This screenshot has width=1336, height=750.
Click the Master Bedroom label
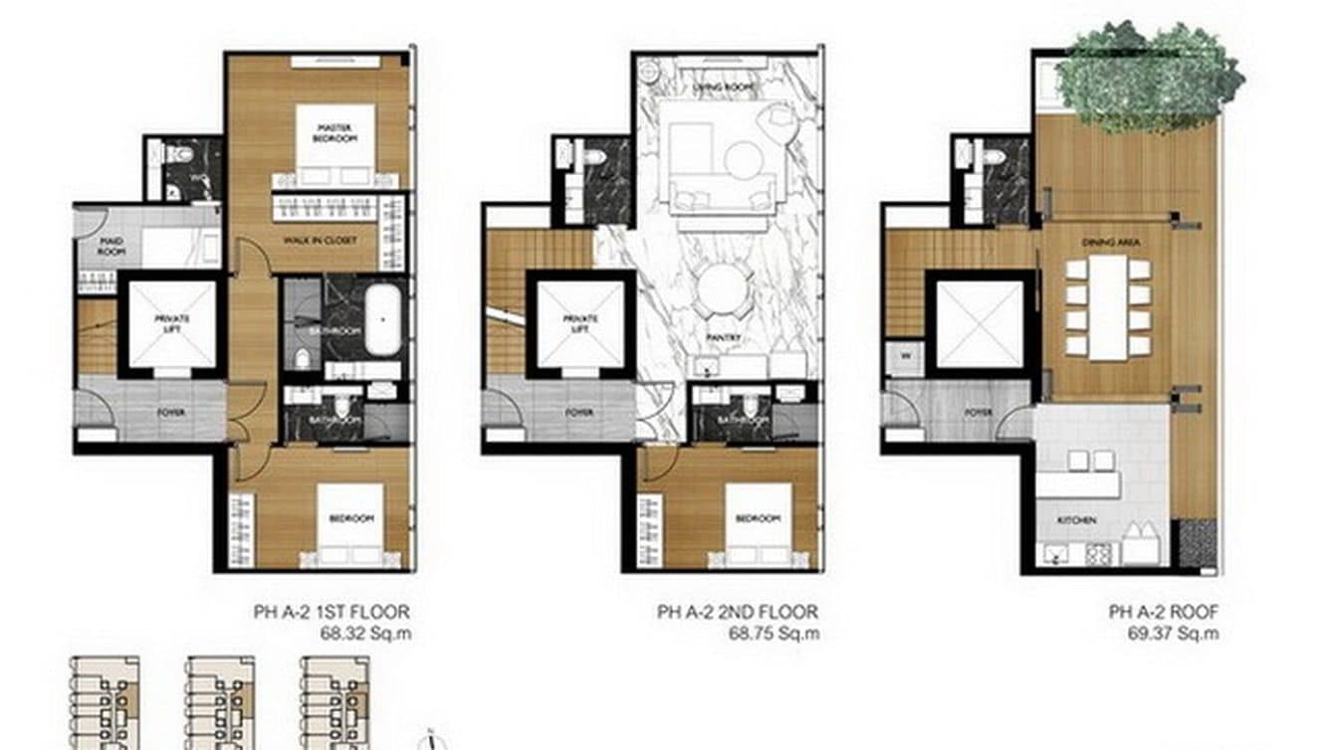point(334,132)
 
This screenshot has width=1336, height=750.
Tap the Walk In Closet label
point(334,240)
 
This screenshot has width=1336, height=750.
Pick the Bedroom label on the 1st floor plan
point(351,519)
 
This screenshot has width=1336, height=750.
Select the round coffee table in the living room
point(742,159)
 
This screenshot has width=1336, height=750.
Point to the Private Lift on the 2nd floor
point(580,324)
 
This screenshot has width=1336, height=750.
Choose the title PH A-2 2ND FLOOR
point(738,612)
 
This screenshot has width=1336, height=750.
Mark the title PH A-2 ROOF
point(1163,612)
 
